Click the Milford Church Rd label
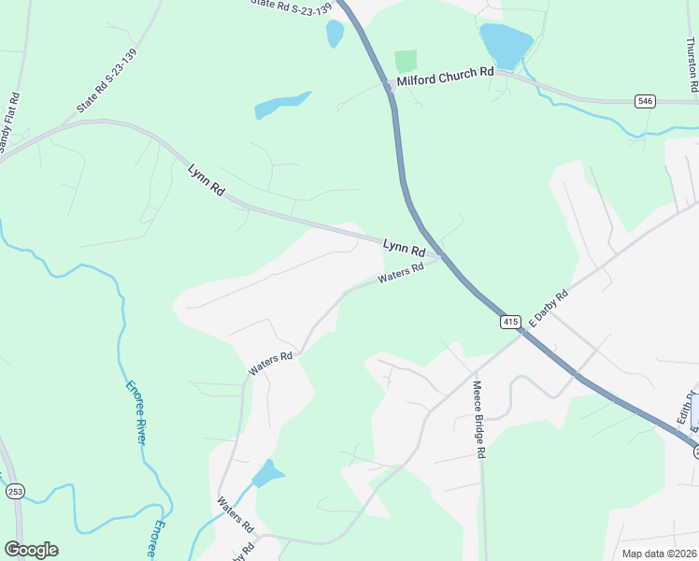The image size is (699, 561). click(445, 82)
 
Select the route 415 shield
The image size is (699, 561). click(510, 322)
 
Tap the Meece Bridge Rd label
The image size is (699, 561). click(478, 420)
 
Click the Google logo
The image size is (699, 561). click(31, 550)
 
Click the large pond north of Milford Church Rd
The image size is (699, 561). click(506, 44)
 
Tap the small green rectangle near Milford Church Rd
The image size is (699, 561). click(405, 62)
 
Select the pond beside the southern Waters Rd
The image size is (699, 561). click(267, 473)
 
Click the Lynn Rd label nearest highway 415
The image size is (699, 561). click(404, 249)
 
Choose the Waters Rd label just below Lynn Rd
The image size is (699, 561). click(402, 273)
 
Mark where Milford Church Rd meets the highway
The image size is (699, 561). click(389, 85)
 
